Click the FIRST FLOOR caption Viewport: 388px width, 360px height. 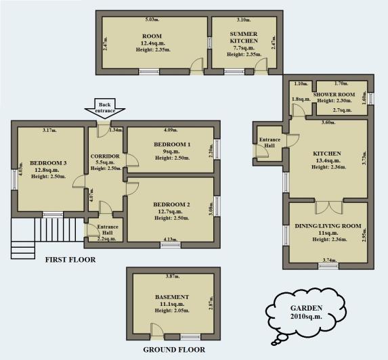70,259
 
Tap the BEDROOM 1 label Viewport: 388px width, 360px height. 171,145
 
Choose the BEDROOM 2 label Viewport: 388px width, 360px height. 171,204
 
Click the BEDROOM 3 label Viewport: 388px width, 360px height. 49,163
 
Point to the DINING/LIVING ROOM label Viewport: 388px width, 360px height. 328,225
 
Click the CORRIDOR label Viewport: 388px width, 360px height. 105,156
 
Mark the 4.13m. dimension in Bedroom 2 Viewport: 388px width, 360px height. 171,238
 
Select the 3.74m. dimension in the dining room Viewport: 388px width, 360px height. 328,259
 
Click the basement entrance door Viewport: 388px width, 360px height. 157,331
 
